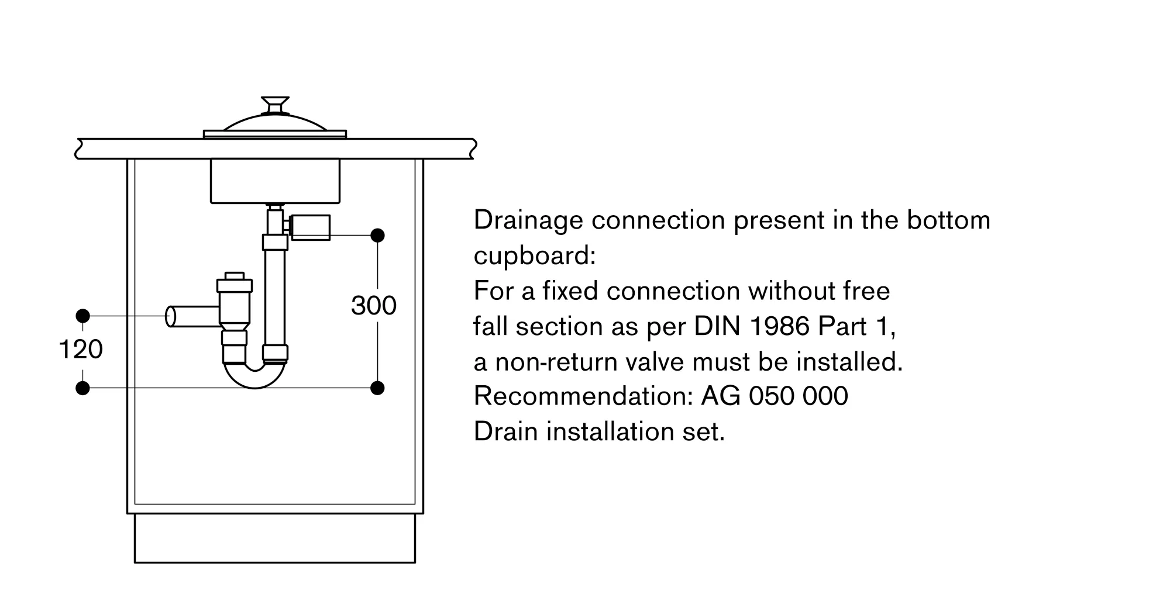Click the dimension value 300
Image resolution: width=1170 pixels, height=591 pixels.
[373, 306]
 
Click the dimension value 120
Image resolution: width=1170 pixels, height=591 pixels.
[81, 350]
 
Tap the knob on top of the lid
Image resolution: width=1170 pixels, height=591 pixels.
[274, 105]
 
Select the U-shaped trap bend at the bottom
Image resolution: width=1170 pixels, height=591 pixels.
[255, 376]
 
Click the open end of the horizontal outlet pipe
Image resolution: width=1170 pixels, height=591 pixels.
[171, 316]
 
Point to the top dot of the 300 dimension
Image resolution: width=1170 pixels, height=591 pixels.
[377, 236]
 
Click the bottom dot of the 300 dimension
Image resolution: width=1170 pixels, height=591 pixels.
[377, 388]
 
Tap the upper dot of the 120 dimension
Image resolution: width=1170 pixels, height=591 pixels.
[82, 316]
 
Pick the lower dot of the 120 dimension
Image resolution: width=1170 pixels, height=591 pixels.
[82, 388]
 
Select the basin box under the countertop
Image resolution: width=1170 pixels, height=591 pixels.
[274, 181]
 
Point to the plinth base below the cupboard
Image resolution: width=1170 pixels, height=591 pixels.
[274, 538]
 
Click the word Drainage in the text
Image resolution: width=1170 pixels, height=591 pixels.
[528, 221]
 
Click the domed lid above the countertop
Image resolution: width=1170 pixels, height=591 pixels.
[274, 124]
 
